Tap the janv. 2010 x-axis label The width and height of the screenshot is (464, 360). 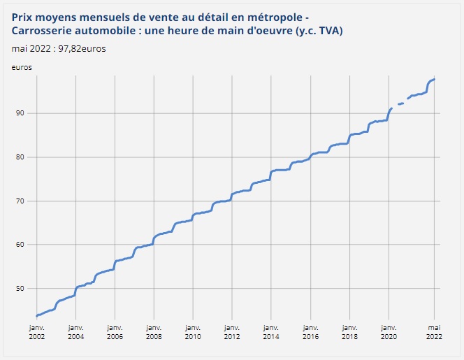[x=192, y=331]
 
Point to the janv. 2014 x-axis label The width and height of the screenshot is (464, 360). [x=270, y=331]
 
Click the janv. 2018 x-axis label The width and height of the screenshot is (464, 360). [x=348, y=331]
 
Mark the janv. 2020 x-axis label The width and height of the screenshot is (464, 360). [x=387, y=331]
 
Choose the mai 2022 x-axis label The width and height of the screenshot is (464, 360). [x=434, y=331]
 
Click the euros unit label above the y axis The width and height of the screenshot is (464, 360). [x=22, y=67]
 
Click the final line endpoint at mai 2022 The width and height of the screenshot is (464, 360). [x=435, y=79]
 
